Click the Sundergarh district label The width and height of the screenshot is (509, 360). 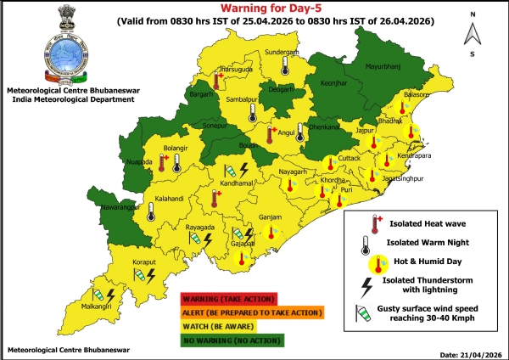pyautogui.click(x=283, y=52)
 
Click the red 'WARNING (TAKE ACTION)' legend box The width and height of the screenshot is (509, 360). pyautogui.click(x=229, y=298)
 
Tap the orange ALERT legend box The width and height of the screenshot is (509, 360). pyautogui.click(x=251, y=312)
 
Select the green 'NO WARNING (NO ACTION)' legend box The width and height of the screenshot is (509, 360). pyautogui.click(x=233, y=340)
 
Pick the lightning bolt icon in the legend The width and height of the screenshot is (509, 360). pyautogui.click(x=367, y=284)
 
